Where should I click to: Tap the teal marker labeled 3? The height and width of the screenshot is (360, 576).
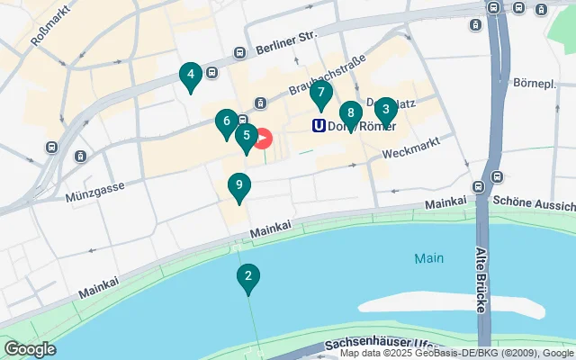point(385,111)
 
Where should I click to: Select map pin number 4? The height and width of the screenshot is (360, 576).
point(190,76)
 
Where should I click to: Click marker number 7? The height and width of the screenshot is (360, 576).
point(321,93)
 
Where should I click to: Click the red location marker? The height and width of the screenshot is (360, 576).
point(262,139)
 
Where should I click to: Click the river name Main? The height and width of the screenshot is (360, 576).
point(429,258)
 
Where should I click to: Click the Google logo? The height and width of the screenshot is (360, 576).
point(30,349)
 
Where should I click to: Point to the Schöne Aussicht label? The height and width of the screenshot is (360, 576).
point(535,201)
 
